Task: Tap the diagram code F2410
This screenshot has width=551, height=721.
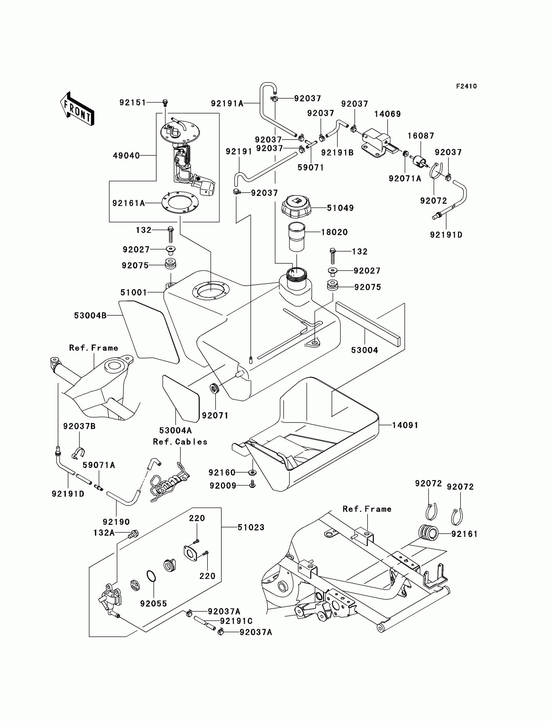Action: tap(466, 86)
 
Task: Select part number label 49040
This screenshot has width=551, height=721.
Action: tap(126, 156)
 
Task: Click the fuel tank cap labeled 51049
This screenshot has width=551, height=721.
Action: tap(296, 206)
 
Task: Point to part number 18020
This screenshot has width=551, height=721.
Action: tap(334, 232)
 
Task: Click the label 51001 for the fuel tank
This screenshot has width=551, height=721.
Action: tap(134, 293)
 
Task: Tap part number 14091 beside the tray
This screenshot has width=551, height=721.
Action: tap(405, 425)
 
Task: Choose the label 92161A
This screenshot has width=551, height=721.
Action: tap(129, 203)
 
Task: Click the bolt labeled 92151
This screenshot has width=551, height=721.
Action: tap(165, 103)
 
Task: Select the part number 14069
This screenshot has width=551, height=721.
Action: tap(387, 114)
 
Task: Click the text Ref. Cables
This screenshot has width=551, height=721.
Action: tap(180, 442)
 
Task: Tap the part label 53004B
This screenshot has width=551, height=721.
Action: tap(90, 316)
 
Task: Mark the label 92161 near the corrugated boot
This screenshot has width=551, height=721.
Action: tap(464, 534)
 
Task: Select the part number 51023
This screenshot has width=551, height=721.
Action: tap(251, 527)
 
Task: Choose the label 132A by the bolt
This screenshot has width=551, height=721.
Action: tap(104, 533)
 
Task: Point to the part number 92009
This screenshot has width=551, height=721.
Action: tap(223, 486)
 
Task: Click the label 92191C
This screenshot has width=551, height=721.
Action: tap(236, 621)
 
